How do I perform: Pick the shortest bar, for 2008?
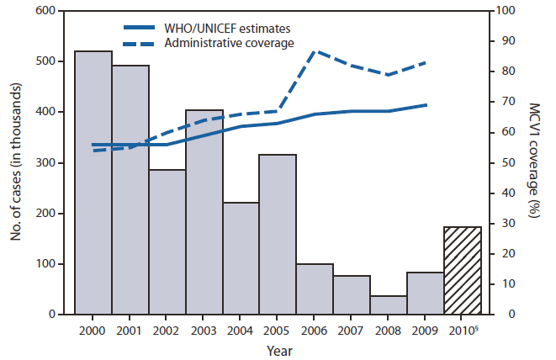389,304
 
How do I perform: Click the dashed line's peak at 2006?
315,51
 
